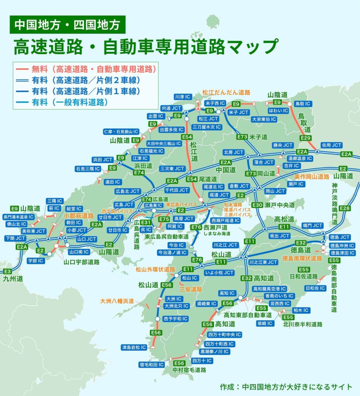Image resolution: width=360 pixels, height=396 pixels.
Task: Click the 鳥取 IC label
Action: point(303,104)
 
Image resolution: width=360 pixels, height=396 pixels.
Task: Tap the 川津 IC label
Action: point(182,96)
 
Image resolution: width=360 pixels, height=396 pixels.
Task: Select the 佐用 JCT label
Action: point(331,145)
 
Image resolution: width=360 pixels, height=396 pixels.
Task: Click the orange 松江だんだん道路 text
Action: point(226,93)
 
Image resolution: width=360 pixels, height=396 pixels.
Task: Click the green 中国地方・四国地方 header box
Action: point(67,25)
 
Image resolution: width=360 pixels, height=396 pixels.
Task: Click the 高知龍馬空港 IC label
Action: point(269,289)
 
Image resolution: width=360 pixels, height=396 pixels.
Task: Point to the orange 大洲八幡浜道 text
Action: point(117,300)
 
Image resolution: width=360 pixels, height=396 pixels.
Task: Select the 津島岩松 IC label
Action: point(134,347)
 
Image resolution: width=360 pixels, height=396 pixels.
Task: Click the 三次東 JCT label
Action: point(172,169)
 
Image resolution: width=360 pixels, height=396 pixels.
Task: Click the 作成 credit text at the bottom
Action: point(286,386)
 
